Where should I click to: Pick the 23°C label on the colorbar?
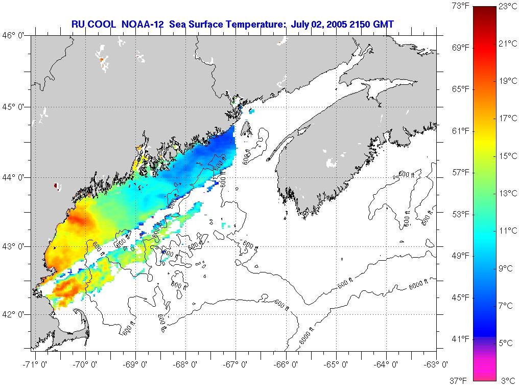pyautogui.click(x=508, y=7)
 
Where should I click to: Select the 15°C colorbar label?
pyautogui.click(x=508, y=156)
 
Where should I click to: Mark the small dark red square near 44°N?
pyautogui.click(x=56, y=187)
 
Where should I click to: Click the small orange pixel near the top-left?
pyautogui.click(x=102, y=60)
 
